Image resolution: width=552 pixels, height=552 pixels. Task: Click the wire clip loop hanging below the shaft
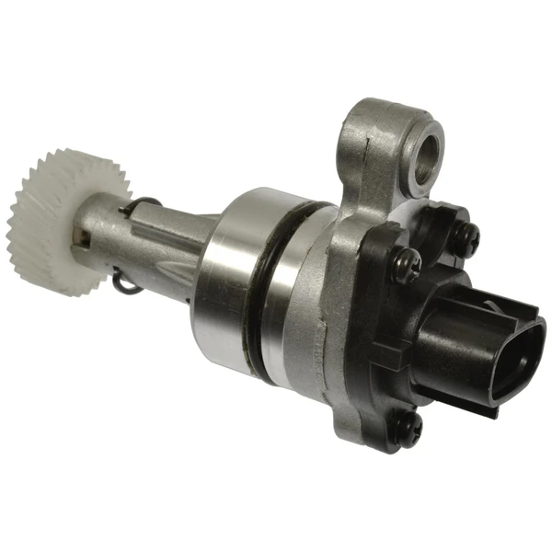(x=129, y=283)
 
